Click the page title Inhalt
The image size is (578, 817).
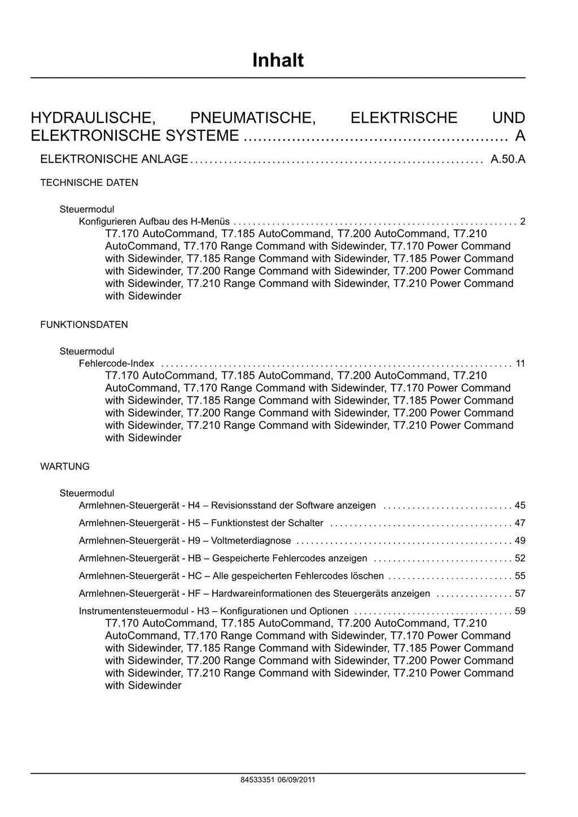pos(278,60)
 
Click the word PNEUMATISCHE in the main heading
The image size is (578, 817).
pos(253,118)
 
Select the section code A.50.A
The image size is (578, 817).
pos(508,159)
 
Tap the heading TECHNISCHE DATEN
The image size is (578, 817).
pos(89,183)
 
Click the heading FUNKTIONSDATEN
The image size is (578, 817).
pos(84,325)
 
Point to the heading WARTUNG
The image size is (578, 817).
pos(65,466)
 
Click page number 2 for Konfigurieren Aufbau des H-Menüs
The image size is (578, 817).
pos(523,221)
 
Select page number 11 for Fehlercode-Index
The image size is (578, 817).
pos(520,363)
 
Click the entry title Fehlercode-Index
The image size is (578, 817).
pos(116,363)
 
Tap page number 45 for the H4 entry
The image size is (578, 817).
pos(520,505)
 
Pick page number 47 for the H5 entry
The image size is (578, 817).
pos(520,523)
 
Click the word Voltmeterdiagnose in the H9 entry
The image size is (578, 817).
pos(251,540)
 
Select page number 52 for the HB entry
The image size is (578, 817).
pos(520,558)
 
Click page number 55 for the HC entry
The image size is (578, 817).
pos(520,576)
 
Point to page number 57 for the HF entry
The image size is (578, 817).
pos(520,593)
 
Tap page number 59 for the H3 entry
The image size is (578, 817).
pos(520,611)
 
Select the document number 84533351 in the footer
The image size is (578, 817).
pos(257,780)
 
